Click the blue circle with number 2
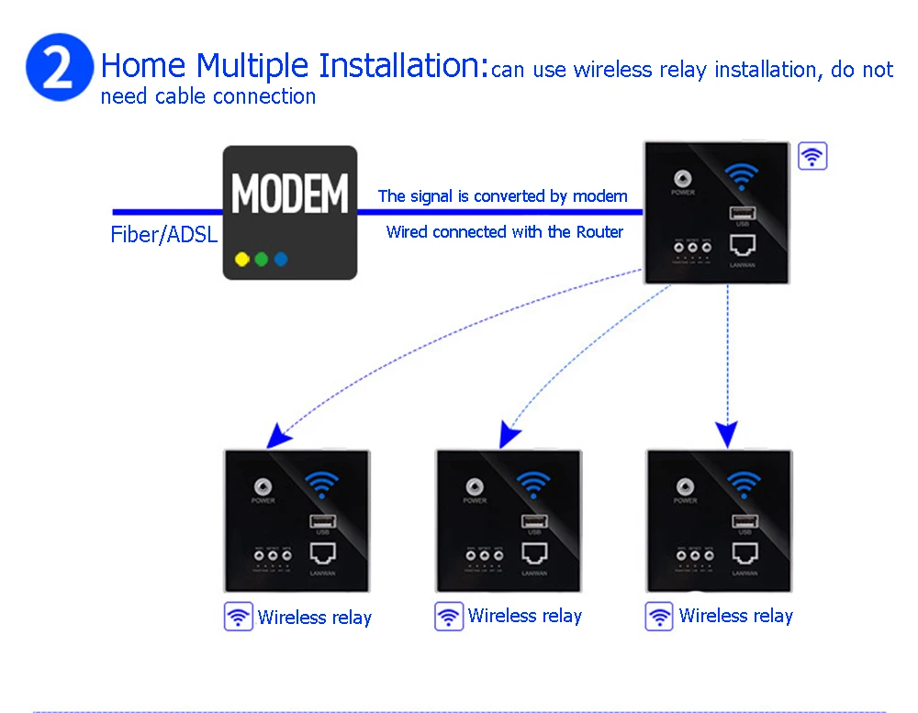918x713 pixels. tap(60, 70)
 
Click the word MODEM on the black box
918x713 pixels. tap(290, 194)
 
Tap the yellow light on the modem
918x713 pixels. tap(241, 259)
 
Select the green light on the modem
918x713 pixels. tap(262, 259)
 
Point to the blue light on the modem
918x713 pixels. tap(281, 259)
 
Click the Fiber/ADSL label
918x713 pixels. tap(164, 234)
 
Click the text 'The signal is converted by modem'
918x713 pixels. tap(502, 195)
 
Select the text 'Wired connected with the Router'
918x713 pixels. tap(504, 232)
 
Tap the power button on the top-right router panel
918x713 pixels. tap(682, 179)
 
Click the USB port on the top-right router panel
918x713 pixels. tap(742, 214)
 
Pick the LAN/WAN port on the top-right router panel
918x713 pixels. tap(742, 246)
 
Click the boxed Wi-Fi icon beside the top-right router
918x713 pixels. tap(812, 156)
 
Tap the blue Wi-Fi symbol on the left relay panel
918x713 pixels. tap(321, 484)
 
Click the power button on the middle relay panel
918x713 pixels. tap(475, 486)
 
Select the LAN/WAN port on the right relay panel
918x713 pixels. tap(744, 552)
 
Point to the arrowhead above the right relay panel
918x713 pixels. tap(727, 434)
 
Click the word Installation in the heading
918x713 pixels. tap(400, 66)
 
